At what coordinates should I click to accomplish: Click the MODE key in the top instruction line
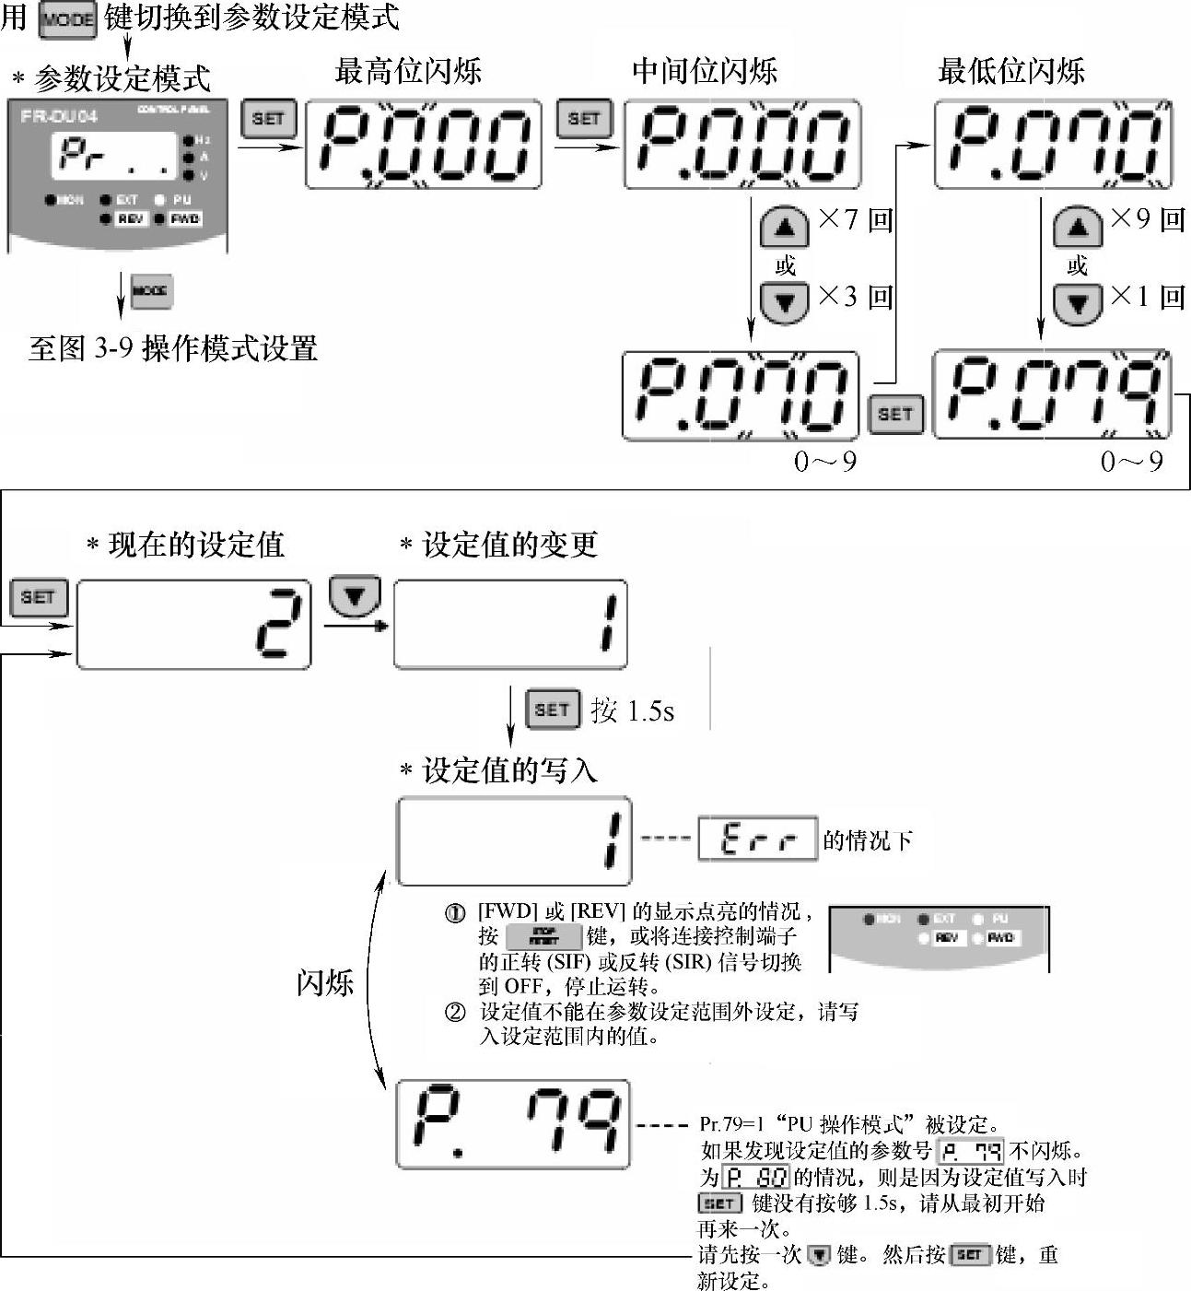click(67, 19)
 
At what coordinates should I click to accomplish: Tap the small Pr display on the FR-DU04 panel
click(113, 155)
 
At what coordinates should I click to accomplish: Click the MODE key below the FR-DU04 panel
click(150, 291)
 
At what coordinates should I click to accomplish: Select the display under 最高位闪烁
click(423, 145)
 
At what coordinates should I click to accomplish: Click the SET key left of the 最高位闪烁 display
click(268, 119)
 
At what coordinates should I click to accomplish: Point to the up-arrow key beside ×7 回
click(784, 227)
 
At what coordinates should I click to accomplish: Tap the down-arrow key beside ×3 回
click(784, 302)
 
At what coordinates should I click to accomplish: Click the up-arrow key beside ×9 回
click(1077, 227)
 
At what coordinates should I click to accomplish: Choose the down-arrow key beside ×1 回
click(1077, 302)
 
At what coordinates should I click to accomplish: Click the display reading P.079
click(1052, 394)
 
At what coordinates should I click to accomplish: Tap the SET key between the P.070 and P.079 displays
click(895, 414)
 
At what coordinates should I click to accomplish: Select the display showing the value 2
click(193, 624)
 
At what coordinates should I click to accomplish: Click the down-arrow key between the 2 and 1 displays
click(355, 596)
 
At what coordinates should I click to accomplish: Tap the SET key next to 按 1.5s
click(552, 710)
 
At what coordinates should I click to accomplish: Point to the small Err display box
click(757, 839)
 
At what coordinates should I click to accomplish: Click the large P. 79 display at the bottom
click(513, 1124)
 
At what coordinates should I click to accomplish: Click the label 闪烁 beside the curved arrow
click(324, 982)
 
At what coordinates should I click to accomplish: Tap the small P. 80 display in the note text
click(756, 1178)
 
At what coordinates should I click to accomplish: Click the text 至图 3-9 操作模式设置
click(173, 349)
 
